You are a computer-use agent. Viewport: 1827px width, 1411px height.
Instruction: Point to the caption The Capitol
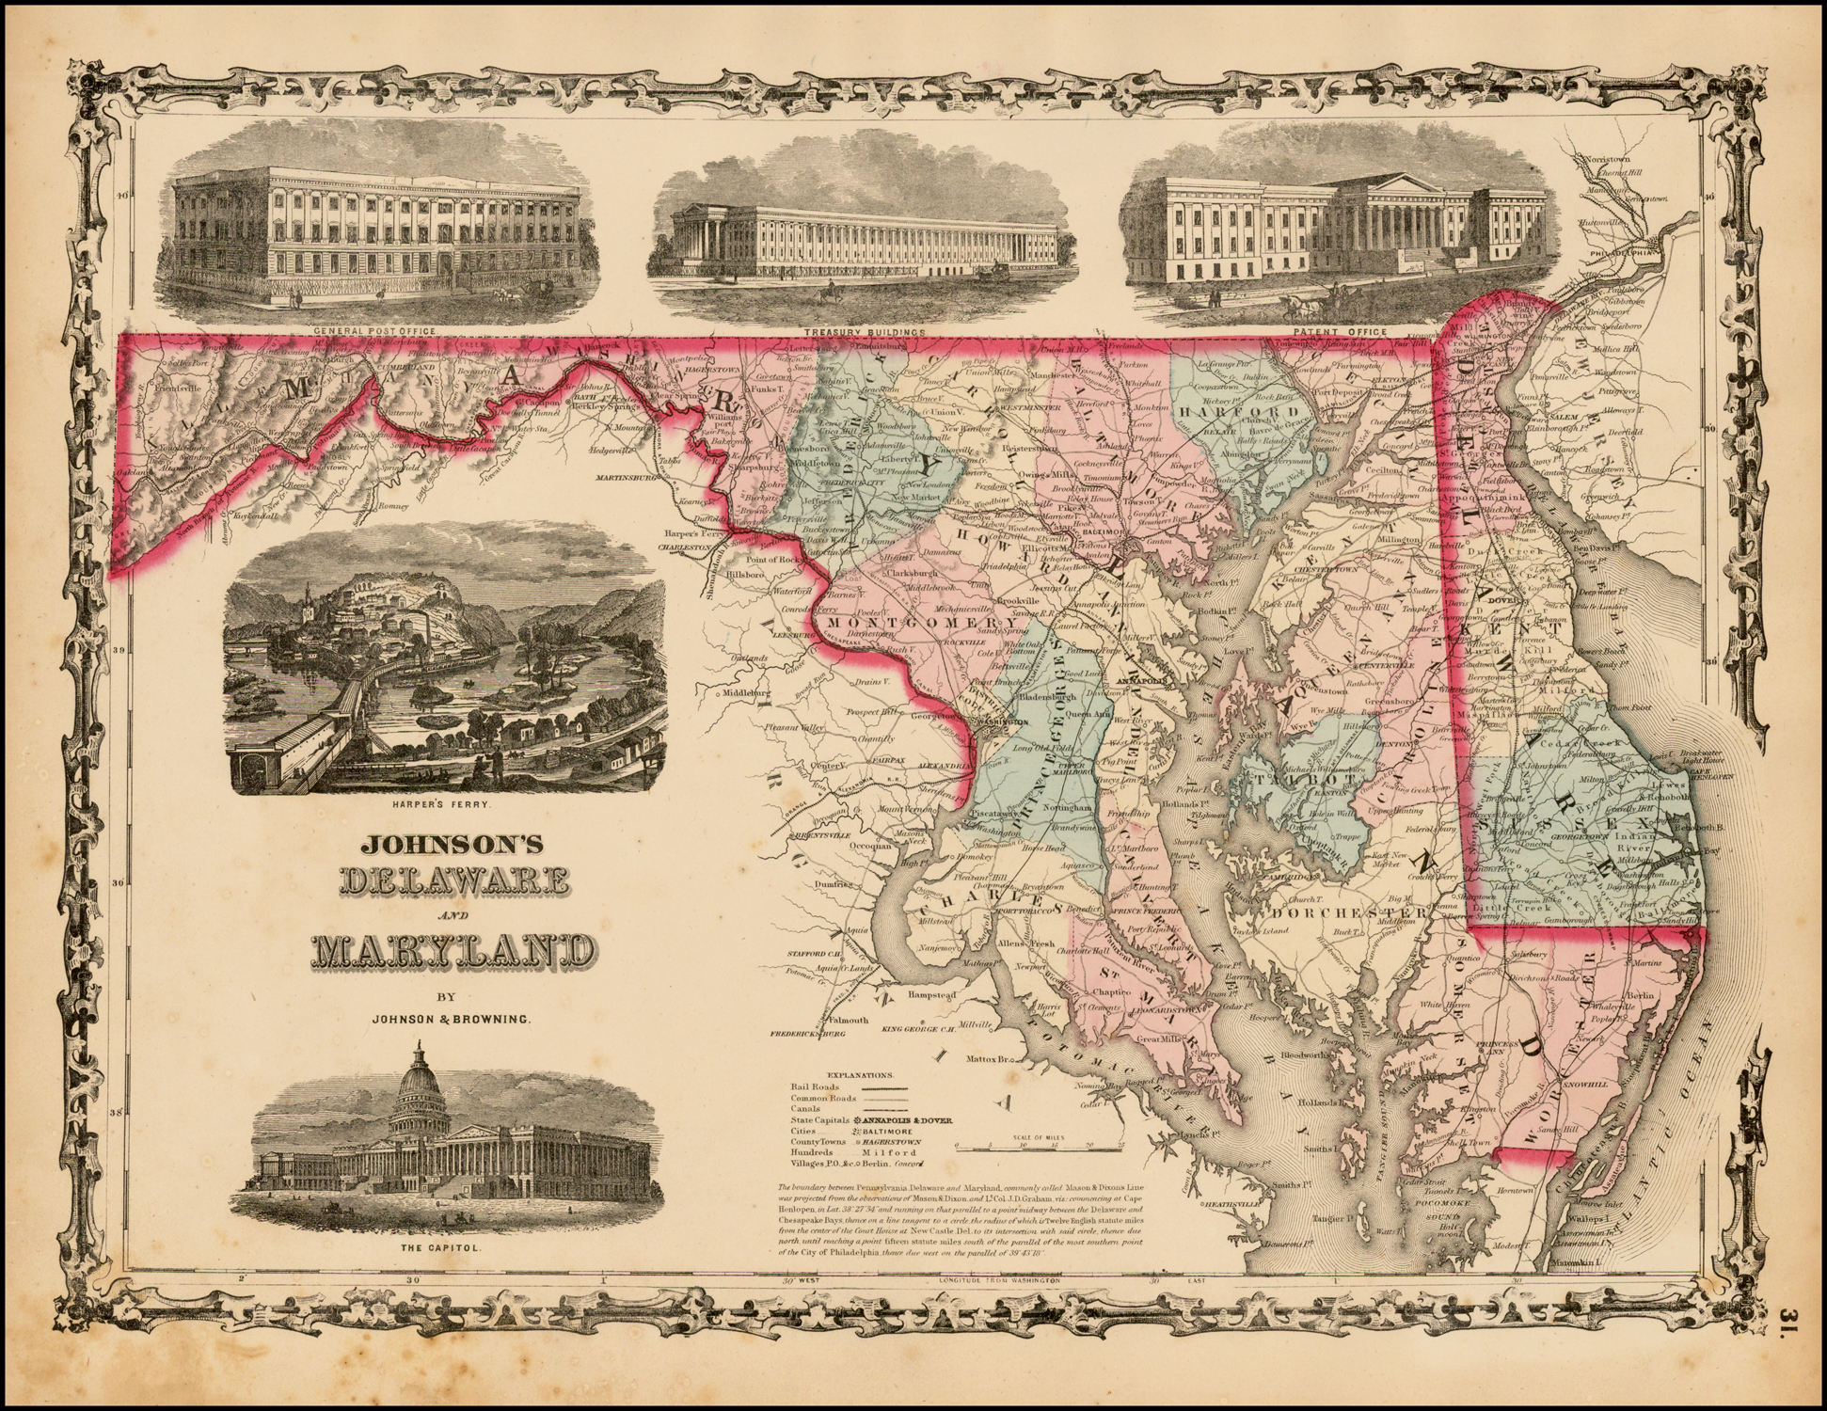[448, 1249]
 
